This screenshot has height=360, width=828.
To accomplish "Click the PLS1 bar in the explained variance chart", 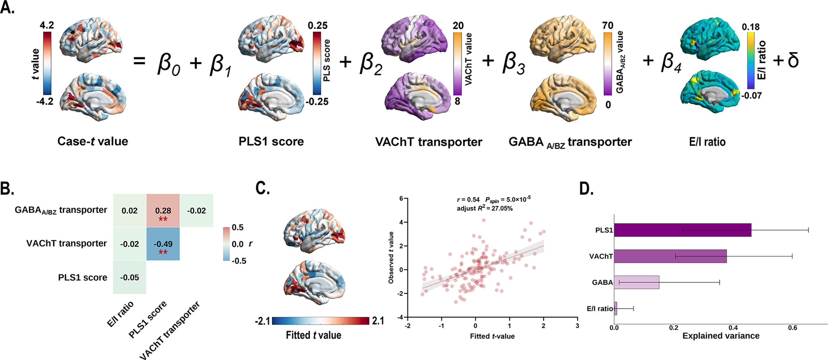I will tap(683, 230).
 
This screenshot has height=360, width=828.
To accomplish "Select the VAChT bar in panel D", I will tap(670, 256).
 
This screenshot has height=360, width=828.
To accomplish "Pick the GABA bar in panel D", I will tap(637, 282).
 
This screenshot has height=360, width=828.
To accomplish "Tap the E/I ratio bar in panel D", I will tap(616, 308).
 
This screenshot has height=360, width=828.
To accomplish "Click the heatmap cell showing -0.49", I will tap(163, 244).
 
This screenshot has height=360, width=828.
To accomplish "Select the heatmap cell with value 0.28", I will tap(163, 211).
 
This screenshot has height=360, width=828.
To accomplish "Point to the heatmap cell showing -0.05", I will tap(129, 278).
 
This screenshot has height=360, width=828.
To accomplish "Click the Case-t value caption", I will tap(92, 141).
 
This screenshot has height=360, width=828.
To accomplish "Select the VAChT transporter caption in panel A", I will tap(429, 142).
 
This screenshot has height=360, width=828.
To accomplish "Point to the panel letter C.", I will tap(263, 189).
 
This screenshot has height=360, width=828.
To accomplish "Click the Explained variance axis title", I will tap(721, 336).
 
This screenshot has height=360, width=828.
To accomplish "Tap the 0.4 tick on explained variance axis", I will tap(733, 328).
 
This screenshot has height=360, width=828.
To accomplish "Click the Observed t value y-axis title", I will tap(391, 257).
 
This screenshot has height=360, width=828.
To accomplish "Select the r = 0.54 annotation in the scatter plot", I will tap(468, 200).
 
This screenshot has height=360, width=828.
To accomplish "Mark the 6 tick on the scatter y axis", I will tap(401, 198).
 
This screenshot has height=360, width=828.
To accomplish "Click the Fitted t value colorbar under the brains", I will tap(321, 321).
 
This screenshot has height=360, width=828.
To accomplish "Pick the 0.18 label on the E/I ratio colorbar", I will tap(750, 27).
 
